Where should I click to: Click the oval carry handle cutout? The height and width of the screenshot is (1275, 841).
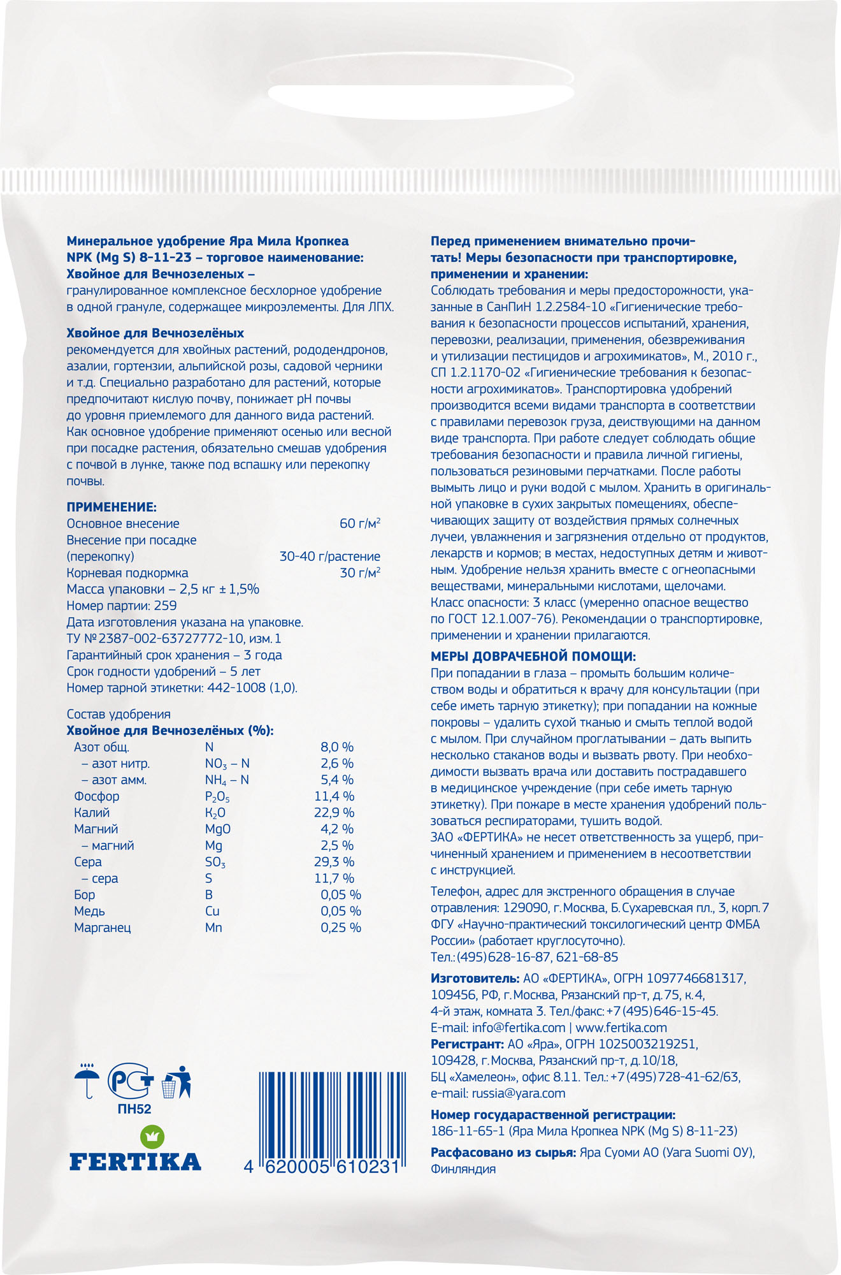(420, 102)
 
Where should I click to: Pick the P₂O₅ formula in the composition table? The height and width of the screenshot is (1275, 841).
(217, 797)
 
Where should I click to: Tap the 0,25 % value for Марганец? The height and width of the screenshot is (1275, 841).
(341, 928)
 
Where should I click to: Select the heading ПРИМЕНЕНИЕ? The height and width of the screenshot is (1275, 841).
(111, 507)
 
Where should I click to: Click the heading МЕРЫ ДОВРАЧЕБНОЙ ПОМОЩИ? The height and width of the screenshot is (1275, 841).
(533, 657)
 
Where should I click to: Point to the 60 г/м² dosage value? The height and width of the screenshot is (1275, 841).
(360, 523)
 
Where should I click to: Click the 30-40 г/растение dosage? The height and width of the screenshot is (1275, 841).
(329, 557)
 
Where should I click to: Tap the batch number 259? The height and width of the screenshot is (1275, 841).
(165, 606)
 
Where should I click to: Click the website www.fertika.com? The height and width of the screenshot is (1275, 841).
(621, 1028)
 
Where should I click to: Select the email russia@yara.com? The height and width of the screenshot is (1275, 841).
(518, 1093)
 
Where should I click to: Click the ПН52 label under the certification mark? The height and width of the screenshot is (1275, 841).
(134, 1109)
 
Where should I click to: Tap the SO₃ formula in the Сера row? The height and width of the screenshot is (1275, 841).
(215, 863)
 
